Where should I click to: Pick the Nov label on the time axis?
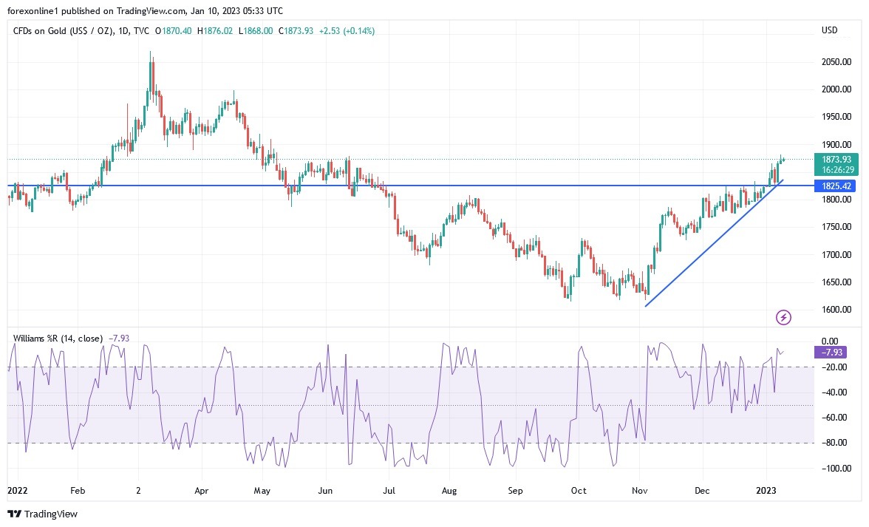click(x=641, y=490)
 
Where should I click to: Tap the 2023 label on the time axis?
click(x=766, y=490)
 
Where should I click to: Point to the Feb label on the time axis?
click(x=78, y=490)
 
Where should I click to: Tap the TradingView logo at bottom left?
click(x=43, y=514)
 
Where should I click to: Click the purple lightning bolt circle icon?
click(x=784, y=318)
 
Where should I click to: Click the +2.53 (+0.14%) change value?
click(x=347, y=31)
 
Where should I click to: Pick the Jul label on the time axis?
click(x=389, y=490)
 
